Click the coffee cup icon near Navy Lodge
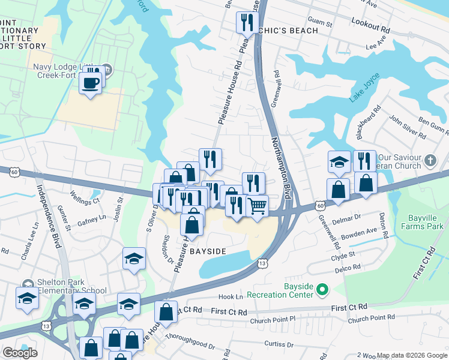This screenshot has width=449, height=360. click(x=91, y=83)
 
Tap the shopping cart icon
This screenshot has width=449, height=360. click(x=257, y=206)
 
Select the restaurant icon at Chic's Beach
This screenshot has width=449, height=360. click(x=247, y=23)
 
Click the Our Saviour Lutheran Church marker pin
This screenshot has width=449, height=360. click(x=430, y=161)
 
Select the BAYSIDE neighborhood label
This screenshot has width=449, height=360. click(x=208, y=251)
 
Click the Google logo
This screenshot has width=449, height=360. click(x=20, y=352)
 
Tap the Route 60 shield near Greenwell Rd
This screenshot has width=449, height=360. click(x=322, y=206)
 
